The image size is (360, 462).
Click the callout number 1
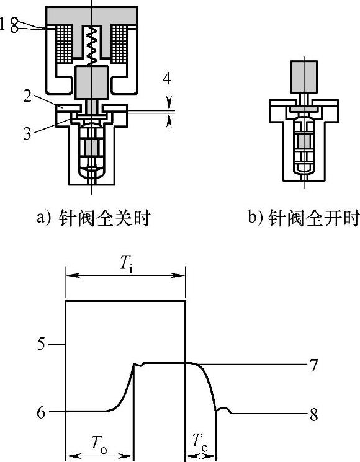tap(2, 24)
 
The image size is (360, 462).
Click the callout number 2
tap(27, 96)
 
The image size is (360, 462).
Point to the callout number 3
tap(27, 133)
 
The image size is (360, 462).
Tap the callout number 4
tap(167, 78)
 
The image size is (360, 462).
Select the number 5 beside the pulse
tap(41, 344)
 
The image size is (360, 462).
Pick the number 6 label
tap(41, 412)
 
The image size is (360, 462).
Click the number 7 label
tap(313, 365)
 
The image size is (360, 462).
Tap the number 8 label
tap(313, 415)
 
